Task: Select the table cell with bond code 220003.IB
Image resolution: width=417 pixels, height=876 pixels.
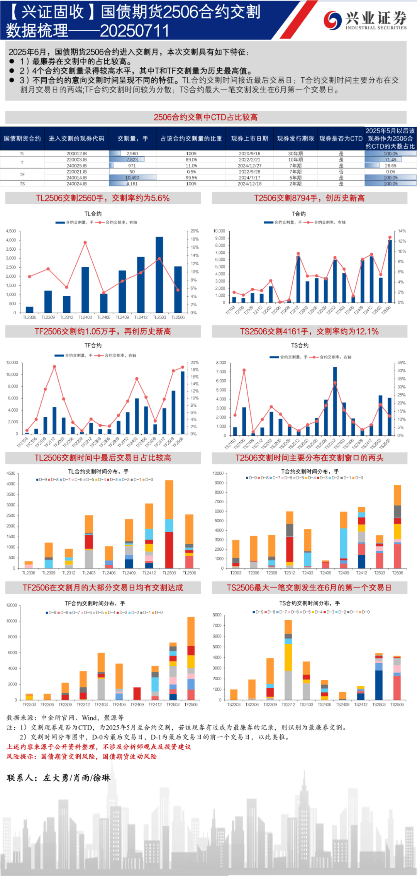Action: [76, 160]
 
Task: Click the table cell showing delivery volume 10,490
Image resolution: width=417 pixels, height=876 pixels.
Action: [132, 178]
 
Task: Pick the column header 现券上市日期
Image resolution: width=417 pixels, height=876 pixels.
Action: [249, 138]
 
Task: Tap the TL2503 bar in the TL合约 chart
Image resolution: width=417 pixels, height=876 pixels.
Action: [159, 275]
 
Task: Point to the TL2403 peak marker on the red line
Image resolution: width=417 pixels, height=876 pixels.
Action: [85, 243]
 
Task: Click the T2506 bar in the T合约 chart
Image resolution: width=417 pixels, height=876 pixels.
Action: [390, 271]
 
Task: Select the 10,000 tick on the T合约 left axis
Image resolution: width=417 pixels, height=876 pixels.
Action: [219, 231]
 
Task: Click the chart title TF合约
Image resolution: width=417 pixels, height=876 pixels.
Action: [93, 345]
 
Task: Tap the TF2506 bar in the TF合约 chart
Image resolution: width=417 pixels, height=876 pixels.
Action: [183, 402]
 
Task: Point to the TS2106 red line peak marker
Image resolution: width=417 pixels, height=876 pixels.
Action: [244, 370]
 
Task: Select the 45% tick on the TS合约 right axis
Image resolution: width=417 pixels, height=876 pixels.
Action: [402, 363]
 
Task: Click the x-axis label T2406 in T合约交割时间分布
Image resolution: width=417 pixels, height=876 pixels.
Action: [325, 573]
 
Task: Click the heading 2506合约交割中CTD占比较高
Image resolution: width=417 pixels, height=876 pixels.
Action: [205, 117]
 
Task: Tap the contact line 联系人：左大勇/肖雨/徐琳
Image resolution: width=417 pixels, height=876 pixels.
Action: [59, 778]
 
